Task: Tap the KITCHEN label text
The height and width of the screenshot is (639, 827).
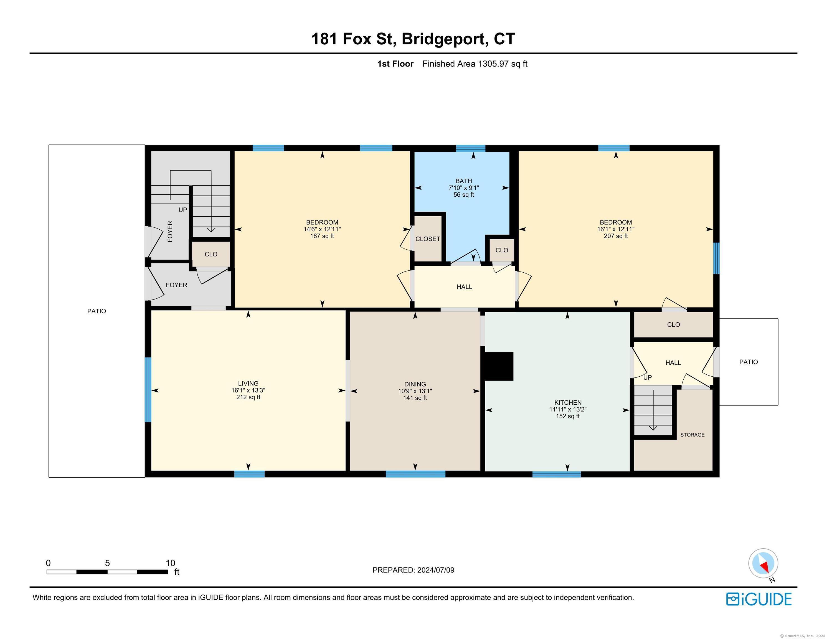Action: (568, 403)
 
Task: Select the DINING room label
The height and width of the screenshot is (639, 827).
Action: (415, 384)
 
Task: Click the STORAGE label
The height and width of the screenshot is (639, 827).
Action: (692, 435)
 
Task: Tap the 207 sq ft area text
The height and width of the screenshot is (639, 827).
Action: (616, 236)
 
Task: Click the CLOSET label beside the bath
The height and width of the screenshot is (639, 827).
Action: (428, 239)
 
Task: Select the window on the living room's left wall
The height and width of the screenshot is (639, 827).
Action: (148, 390)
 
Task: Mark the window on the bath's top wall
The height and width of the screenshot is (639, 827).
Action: (471, 148)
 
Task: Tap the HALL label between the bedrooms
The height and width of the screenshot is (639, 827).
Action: (464, 287)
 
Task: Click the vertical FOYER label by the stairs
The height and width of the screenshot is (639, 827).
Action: (170, 231)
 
